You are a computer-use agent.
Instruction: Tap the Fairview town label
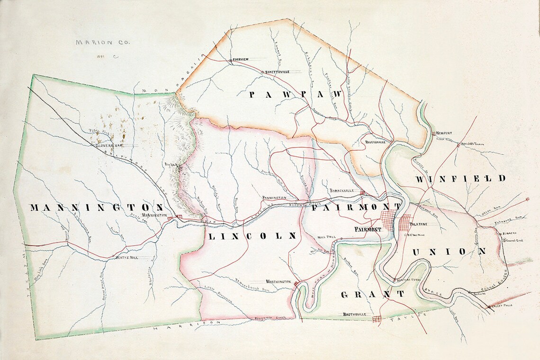coord(240,60)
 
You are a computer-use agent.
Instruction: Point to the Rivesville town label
coord(375,142)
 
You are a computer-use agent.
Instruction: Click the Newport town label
coord(445,134)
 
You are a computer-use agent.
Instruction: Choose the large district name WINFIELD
coord(460,179)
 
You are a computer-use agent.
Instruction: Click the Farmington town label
coord(275,197)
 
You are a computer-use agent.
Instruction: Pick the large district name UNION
coord(449,252)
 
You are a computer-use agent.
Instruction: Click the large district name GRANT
coord(372,294)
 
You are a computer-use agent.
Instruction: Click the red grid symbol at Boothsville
coord(377,319)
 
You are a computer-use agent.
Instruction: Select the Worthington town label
coord(278,281)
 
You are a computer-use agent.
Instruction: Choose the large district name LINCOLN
coord(252,235)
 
